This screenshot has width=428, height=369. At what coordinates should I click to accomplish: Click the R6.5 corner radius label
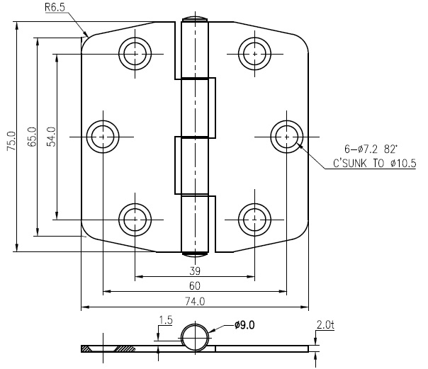pyautogui.click(x=55, y=7)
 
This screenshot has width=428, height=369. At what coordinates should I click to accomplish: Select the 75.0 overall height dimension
pyautogui.click(x=12, y=141)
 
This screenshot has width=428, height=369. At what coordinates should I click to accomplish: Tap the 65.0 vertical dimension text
pyautogui.click(x=32, y=137)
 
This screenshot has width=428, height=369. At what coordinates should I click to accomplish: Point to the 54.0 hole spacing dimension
pyautogui.click(x=51, y=137)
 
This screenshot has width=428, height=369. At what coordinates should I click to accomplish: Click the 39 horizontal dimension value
pyautogui.click(x=195, y=271)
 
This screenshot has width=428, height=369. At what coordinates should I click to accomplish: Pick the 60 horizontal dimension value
pyautogui.click(x=195, y=286)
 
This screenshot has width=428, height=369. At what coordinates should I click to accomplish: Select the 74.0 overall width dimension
pyautogui.click(x=195, y=302)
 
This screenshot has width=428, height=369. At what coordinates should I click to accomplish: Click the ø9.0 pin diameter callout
pyautogui.click(x=244, y=325)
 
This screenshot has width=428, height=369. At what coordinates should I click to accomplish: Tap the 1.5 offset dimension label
pyautogui.click(x=166, y=320)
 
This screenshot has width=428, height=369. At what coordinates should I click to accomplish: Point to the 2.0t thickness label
pyautogui.click(x=325, y=325)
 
